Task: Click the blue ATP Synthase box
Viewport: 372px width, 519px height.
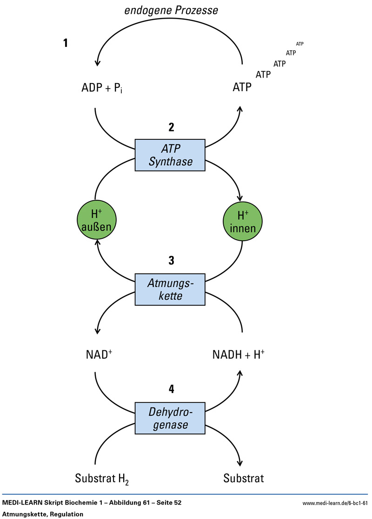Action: (x=170, y=155)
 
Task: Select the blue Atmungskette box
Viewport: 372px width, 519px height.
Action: (x=170, y=289)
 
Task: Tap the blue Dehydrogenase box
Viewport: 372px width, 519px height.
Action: (x=170, y=418)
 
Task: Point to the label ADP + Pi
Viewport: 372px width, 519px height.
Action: (x=102, y=87)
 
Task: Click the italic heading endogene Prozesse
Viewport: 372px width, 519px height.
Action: (x=171, y=10)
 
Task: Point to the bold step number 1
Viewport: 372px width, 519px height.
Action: (x=66, y=43)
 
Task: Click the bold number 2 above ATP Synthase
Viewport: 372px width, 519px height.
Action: (x=171, y=127)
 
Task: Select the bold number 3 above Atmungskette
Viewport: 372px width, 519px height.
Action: (x=171, y=261)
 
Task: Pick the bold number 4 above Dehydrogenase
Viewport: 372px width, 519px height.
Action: (x=171, y=389)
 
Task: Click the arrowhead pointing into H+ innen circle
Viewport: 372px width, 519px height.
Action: (x=241, y=199)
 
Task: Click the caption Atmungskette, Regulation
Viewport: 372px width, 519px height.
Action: (x=43, y=514)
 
